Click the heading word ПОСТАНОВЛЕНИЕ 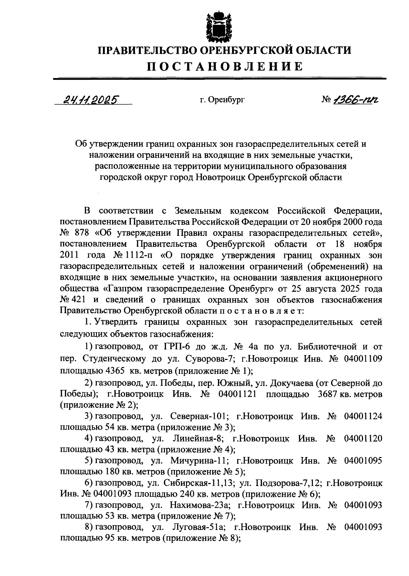click(225, 66)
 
